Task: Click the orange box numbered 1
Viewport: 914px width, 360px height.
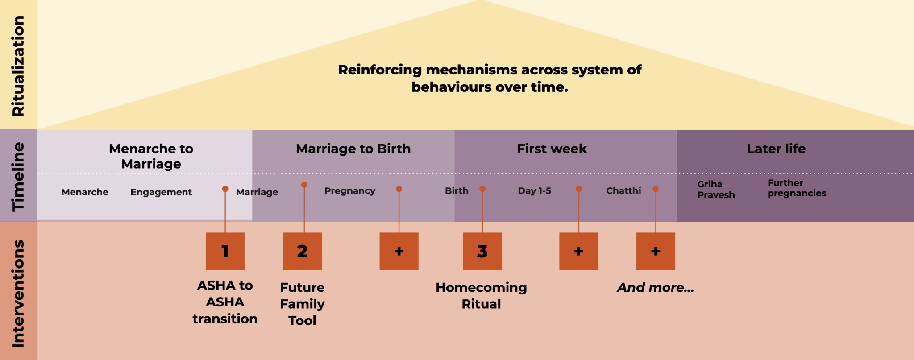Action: click(225, 251)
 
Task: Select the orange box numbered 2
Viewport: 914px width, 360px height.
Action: click(302, 251)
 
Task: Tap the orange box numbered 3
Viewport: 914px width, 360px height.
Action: click(482, 251)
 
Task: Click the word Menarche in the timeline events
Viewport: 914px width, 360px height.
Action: click(85, 192)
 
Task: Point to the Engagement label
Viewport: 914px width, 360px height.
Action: click(161, 192)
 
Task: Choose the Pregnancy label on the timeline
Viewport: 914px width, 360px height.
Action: click(350, 191)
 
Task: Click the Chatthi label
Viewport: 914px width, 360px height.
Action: click(623, 191)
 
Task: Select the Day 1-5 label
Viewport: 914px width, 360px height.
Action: click(534, 191)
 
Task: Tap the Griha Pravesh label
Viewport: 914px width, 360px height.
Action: click(716, 190)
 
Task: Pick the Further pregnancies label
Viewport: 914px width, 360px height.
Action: click(797, 188)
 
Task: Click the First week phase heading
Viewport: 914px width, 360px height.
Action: click(552, 149)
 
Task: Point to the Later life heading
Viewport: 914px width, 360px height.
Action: click(776, 149)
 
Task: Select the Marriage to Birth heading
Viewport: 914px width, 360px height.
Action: click(353, 149)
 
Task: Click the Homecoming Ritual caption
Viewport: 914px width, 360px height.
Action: click(481, 295)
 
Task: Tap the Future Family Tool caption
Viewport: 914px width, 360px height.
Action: click(302, 304)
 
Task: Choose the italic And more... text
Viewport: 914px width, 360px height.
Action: click(655, 288)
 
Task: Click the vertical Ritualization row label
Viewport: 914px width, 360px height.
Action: click(18, 66)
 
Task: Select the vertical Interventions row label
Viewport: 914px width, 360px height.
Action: click(18, 294)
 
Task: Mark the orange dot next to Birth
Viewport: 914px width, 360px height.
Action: click(482, 189)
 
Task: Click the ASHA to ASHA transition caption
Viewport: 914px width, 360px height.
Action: click(225, 302)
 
